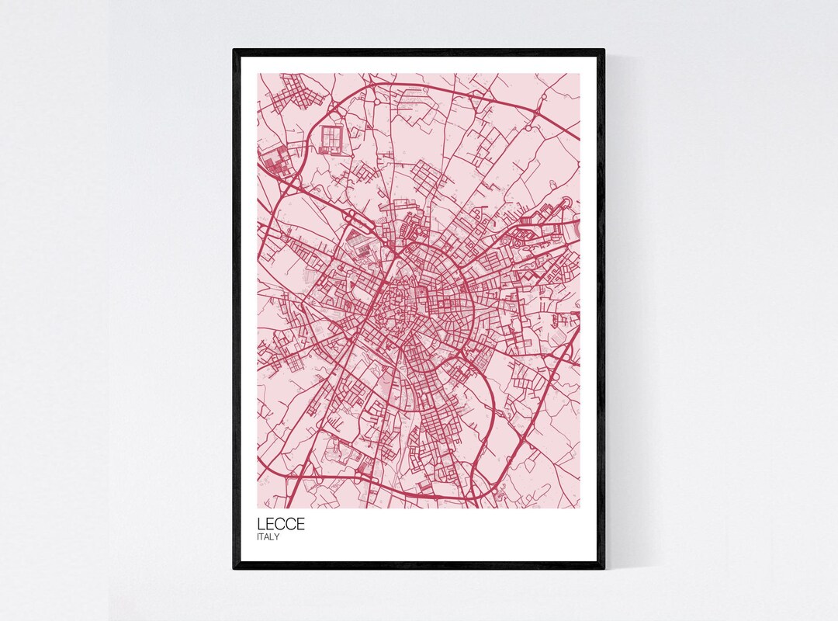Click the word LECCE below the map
[x=281, y=524]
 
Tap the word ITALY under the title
[x=268, y=536]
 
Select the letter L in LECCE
[x=261, y=524]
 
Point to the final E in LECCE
[x=300, y=524]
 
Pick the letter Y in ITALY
[x=277, y=536]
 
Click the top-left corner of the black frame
[x=234, y=50]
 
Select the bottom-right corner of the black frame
[x=604, y=568]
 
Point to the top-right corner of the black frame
[x=604, y=50]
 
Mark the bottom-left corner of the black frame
[x=234, y=568]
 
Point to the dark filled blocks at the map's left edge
[x=273, y=162]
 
